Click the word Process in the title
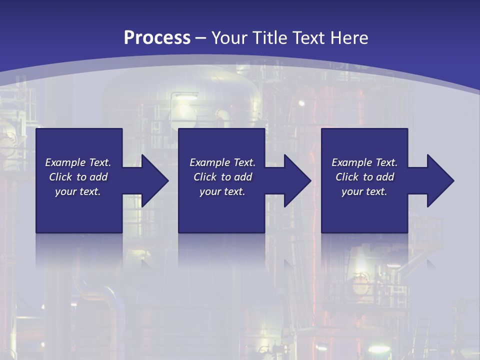point(157,38)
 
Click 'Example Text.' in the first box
point(78,162)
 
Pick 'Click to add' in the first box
point(78,177)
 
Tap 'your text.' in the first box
point(78,191)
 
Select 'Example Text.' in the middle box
point(222,162)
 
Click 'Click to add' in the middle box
point(222,177)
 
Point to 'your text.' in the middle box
point(222,191)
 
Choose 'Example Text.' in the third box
point(364,162)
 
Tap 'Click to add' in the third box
point(364,177)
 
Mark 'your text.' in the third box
point(364,191)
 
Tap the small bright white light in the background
point(301,103)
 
